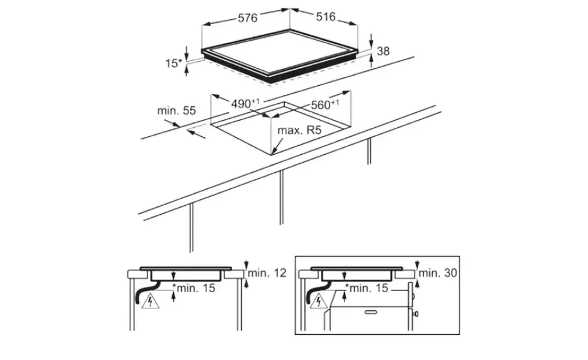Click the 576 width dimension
coord(247,17)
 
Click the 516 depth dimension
coord(325,17)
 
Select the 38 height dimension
coord(383,51)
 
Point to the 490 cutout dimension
coord(245,103)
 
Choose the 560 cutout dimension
coord(325,104)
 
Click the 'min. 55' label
coord(176,110)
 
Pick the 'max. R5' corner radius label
coord(299,131)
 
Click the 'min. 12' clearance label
coord(267,272)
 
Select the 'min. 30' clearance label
coord(438,272)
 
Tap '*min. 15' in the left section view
coord(194,288)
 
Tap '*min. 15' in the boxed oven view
coord(367,288)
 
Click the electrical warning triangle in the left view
coord(151,301)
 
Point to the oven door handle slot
coord(371,311)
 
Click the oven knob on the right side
coord(416,313)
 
